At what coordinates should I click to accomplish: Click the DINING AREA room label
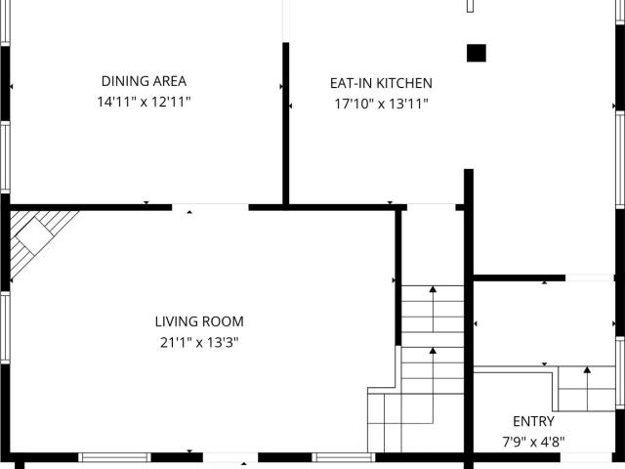144,81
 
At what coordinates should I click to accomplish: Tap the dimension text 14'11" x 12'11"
144,102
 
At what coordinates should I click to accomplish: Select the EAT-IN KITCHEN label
381,83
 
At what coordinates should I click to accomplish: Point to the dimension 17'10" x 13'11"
381,104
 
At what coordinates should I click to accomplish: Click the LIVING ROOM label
199,321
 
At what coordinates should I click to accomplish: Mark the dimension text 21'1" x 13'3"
199,342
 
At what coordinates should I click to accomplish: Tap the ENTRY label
533,421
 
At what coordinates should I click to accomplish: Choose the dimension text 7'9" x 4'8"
533,442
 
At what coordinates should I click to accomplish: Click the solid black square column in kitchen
477,53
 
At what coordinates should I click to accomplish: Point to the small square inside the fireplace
35,236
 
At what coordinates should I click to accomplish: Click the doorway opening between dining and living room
210,207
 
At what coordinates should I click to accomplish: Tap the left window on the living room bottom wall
114,457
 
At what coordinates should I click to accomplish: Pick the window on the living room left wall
5,328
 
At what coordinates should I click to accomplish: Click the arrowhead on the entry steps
587,369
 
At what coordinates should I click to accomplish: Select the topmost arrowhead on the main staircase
433,289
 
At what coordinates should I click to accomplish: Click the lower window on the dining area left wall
5,157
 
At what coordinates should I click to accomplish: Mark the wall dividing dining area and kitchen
286,124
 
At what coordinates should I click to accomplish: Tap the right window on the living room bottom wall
344,457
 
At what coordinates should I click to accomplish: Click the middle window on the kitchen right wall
620,159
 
